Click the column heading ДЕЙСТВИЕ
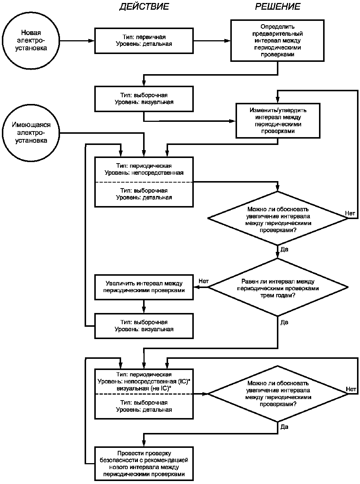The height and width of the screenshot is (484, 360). tap(144, 7)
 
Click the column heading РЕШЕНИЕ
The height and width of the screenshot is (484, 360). tap(278, 7)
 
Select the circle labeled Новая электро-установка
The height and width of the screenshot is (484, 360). tap(31, 41)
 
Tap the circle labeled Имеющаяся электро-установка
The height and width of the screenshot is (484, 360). tap(31, 133)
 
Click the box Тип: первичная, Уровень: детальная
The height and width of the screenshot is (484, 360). tap(144, 41)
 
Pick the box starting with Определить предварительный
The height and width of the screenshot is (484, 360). tap(277, 41)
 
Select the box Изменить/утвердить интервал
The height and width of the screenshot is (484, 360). tap(278, 121)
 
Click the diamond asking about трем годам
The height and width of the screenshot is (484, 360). tap(278, 287)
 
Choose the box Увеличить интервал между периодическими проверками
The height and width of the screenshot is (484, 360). tap(144, 287)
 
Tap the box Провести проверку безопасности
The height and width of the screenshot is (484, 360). tap(144, 464)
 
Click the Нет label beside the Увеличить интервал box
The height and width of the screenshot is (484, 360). tap(203, 281)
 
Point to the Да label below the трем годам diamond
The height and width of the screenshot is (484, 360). tap(284, 322)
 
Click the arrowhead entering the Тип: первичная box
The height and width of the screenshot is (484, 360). tap(91, 41)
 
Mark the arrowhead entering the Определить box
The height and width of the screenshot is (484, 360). tap(227, 41)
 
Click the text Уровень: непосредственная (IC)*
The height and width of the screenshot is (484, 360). tap(144, 382)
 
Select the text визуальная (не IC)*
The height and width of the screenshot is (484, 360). tap(144, 388)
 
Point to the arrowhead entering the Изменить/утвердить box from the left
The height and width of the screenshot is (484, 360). tap(233, 121)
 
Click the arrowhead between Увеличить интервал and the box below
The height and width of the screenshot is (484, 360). tap(143, 310)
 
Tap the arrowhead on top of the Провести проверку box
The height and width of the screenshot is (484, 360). tap(143, 443)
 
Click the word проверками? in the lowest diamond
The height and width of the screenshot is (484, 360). tap(278, 404)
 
